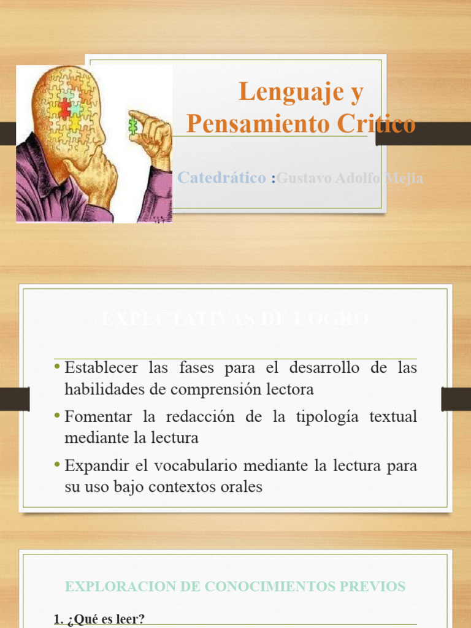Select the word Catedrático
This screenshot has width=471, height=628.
(x=222, y=178)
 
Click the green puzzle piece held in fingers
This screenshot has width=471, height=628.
(x=132, y=126)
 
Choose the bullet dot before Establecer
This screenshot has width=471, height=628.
(x=58, y=367)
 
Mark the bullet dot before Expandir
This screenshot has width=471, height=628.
(x=58, y=465)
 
